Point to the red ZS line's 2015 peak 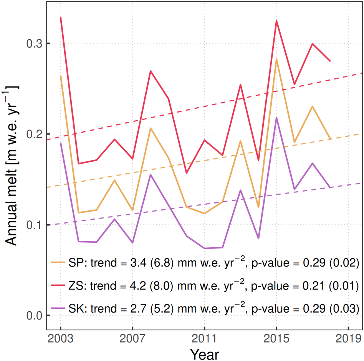276,21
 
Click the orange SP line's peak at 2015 276,59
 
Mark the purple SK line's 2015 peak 276,118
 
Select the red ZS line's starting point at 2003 61,18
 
